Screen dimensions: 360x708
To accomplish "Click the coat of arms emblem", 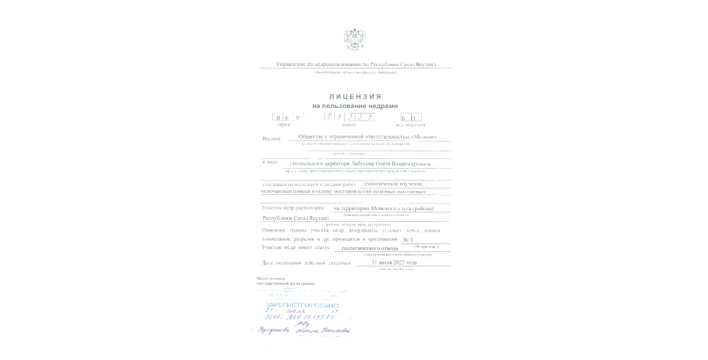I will pyautogui.click(x=355, y=40).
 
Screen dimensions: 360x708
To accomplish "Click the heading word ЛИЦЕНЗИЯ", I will pyautogui.click(x=355, y=96).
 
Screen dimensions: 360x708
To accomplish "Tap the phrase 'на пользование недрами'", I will pyautogui.click(x=355, y=106).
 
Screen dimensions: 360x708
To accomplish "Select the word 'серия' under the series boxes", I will pyautogui.click(x=283, y=125).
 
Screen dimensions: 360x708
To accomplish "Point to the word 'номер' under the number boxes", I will pyautogui.click(x=349, y=125).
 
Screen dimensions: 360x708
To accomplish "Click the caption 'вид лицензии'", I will pyautogui.click(x=410, y=125).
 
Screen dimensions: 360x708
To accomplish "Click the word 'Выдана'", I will pyautogui.click(x=271, y=139).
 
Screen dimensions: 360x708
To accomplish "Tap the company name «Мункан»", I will pyautogui.click(x=423, y=137).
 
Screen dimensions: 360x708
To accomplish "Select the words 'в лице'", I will pyautogui.click(x=270, y=162).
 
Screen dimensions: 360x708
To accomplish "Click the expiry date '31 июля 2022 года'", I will pyautogui.click(x=394, y=262).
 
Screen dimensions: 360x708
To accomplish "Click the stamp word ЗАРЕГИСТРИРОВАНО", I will pyautogui.click(x=302, y=305).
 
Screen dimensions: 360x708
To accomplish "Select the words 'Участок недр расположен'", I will pyautogui.click(x=293, y=208).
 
